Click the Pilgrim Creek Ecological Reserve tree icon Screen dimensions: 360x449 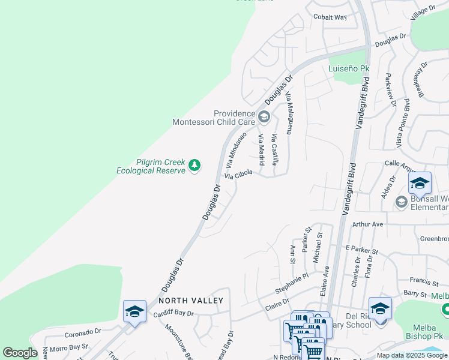(x=194, y=165)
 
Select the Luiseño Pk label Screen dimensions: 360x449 (x=349, y=68)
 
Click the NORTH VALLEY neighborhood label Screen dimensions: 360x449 (x=191, y=300)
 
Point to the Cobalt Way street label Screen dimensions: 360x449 (x=330, y=17)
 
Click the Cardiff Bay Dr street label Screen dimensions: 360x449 (x=173, y=313)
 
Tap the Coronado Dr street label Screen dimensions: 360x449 (x=83, y=332)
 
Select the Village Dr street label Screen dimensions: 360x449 (x=423, y=11)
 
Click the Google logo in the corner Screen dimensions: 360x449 (x=20, y=353)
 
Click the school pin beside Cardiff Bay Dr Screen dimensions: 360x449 (x=134, y=311)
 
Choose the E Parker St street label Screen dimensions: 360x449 (x=362, y=249)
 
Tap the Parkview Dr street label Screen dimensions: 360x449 (x=391, y=90)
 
